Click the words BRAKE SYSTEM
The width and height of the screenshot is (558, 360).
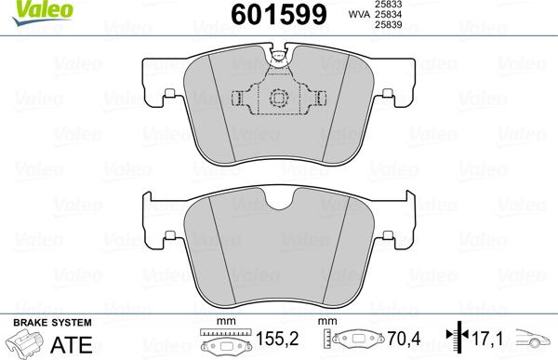coord(39,321)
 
